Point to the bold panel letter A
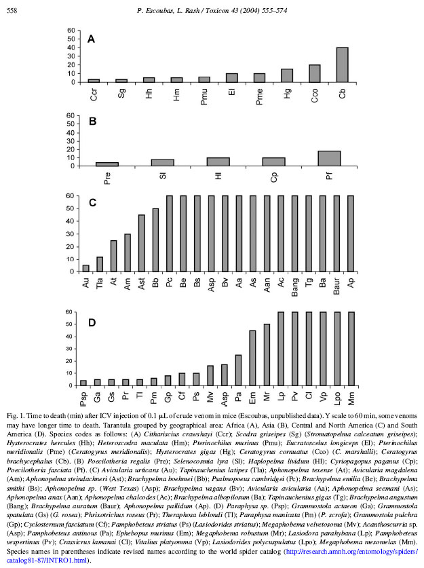90,39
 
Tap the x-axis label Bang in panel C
294,287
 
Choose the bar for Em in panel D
252,358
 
